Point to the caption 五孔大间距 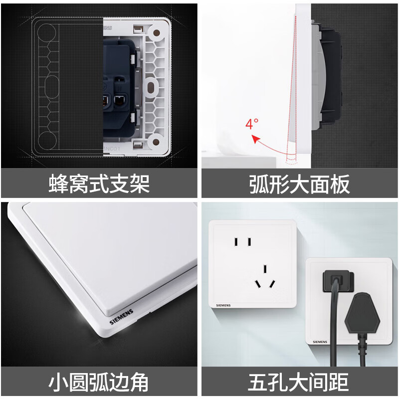click(299, 383)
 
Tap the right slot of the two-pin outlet click(248, 242)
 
